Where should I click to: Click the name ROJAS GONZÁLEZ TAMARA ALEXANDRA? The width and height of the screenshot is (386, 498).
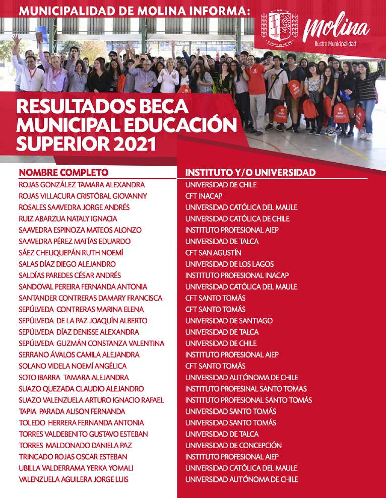click(x=82, y=185)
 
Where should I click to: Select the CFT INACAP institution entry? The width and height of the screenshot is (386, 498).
click(x=204, y=196)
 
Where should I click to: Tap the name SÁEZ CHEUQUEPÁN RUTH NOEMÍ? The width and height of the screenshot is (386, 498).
click(x=71, y=253)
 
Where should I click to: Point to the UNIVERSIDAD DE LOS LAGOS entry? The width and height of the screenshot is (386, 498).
click(x=229, y=264)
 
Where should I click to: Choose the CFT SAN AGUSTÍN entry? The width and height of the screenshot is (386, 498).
click(x=213, y=253)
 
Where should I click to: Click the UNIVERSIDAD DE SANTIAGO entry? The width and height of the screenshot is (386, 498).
click(x=229, y=321)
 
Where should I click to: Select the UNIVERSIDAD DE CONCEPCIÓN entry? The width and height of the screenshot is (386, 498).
click(x=233, y=445)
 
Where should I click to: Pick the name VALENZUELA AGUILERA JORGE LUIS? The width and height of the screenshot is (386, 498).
click(x=74, y=479)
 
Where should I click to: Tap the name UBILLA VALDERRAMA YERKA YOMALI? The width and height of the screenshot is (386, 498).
click(x=76, y=468)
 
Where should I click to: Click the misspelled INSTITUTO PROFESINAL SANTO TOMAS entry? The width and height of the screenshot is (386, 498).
click(x=246, y=389)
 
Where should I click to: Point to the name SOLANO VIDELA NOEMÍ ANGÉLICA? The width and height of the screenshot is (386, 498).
click(x=73, y=366)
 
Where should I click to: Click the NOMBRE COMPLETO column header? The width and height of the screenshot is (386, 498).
click(x=63, y=173)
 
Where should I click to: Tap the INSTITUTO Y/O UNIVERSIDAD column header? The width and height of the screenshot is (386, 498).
click(x=250, y=173)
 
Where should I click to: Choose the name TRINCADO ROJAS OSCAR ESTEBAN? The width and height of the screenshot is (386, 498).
click(x=73, y=457)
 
